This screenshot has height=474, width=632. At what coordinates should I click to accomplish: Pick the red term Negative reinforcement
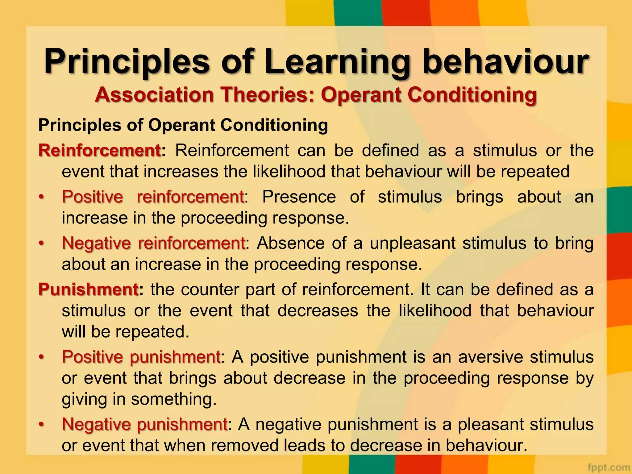coord(153,243)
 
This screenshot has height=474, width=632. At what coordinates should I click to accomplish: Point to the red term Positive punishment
coord(141,357)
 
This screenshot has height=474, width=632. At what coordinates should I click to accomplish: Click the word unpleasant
coord(413,243)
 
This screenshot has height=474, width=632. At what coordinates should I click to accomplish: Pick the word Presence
coord(299,197)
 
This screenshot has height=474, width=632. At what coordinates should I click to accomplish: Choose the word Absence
coord(290,243)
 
